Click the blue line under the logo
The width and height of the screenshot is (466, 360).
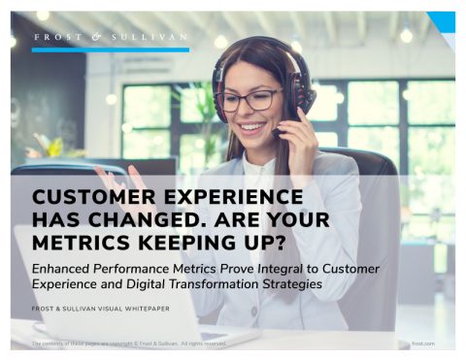[111, 49]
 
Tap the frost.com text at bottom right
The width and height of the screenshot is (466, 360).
[424, 343]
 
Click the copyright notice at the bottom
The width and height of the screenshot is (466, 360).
[129, 343]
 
